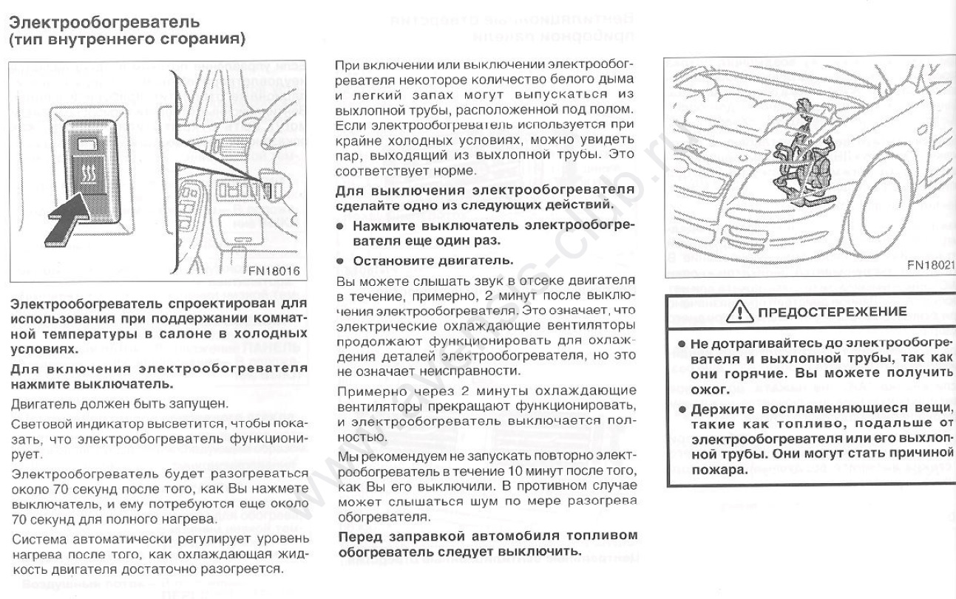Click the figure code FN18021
pyautogui.click(x=929, y=265)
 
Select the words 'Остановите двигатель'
pyautogui.click(x=415, y=261)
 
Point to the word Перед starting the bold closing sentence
pyautogui.click(x=359, y=537)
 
